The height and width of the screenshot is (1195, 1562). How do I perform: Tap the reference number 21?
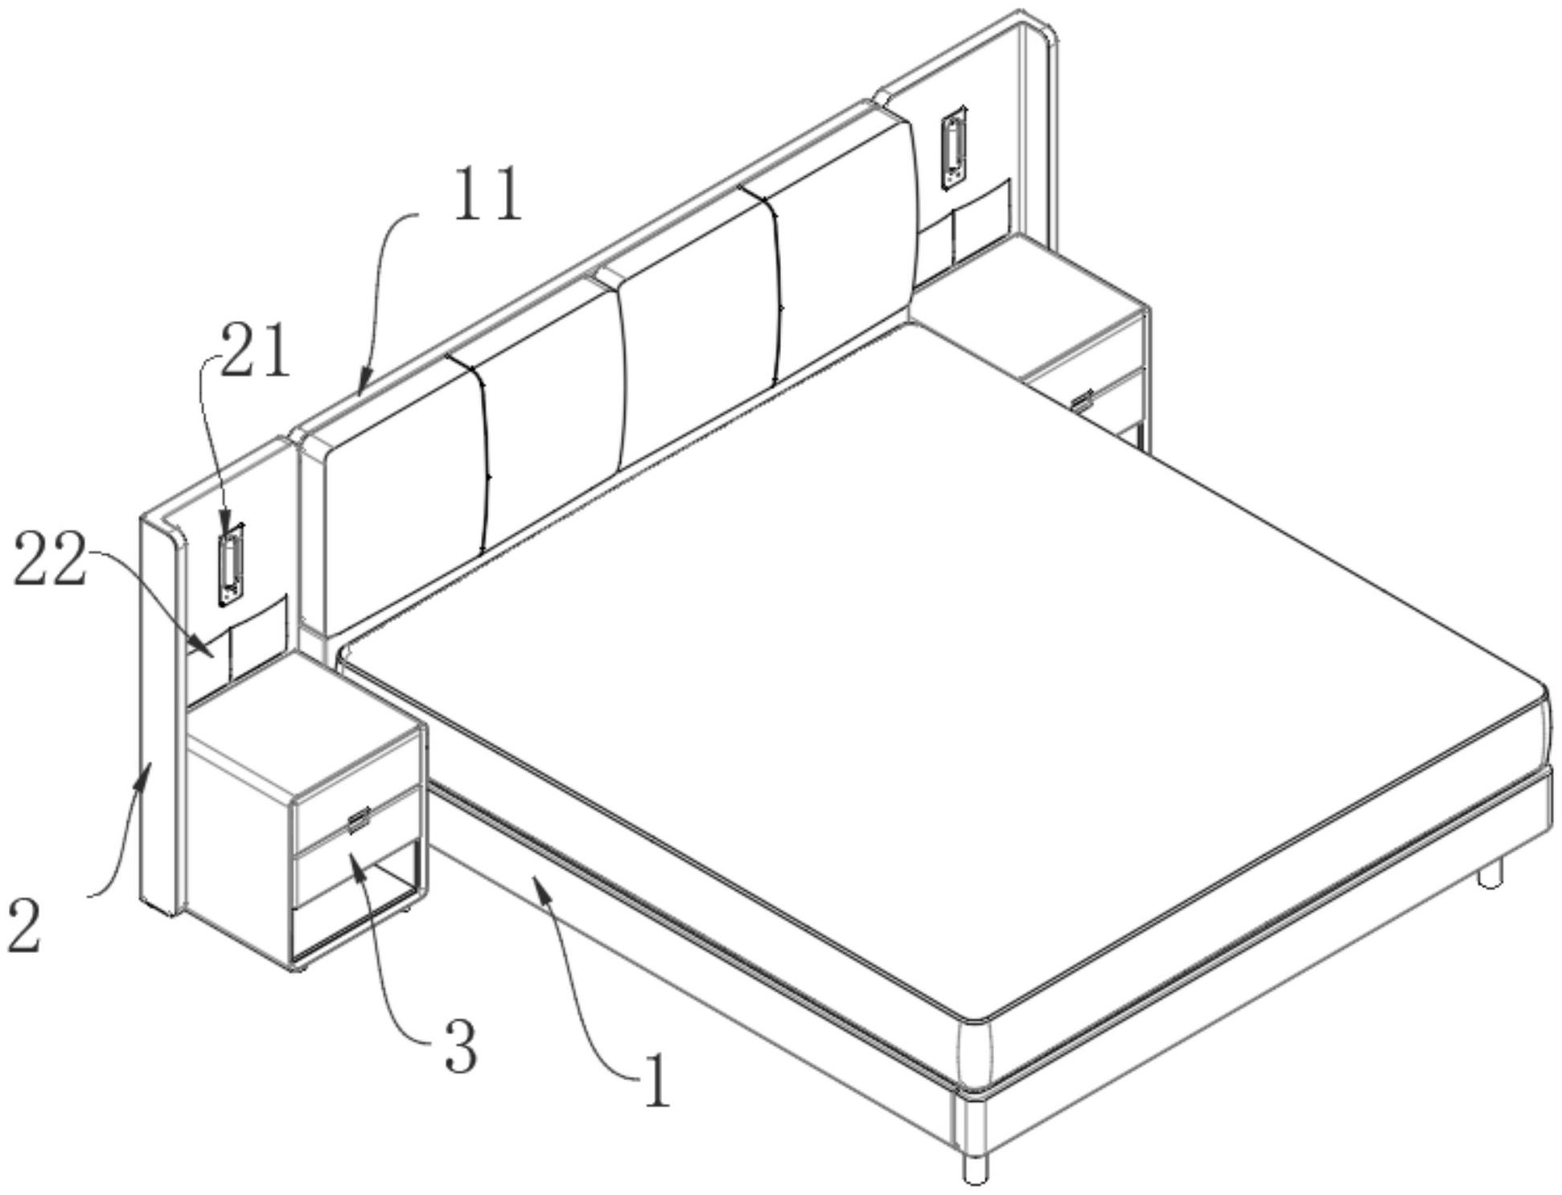[x=255, y=351]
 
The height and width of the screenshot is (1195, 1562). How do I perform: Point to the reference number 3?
[x=460, y=1046]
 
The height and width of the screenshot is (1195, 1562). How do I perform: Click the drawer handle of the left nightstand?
[x=357, y=819]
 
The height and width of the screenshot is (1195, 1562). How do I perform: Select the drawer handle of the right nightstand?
[x=1082, y=400]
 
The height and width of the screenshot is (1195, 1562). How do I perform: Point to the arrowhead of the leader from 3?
[x=354, y=860]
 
